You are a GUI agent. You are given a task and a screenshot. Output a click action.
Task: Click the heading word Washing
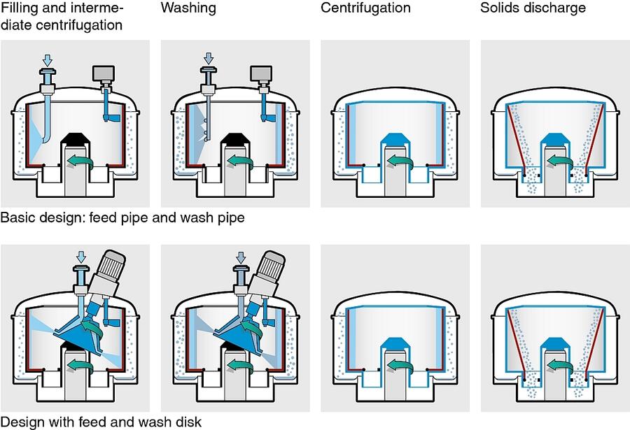(188, 9)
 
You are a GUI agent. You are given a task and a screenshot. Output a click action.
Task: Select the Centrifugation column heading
(365, 9)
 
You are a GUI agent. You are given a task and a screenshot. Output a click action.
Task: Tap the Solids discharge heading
(533, 9)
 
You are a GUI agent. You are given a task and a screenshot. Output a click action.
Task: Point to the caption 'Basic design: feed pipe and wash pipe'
(122, 217)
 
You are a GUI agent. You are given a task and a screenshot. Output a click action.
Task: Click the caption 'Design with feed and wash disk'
(101, 422)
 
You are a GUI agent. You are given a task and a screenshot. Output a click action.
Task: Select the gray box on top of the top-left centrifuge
(104, 73)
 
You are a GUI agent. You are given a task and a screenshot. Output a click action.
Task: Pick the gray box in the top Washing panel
(260, 73)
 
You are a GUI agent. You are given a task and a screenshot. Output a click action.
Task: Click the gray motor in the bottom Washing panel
(268, 269)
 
